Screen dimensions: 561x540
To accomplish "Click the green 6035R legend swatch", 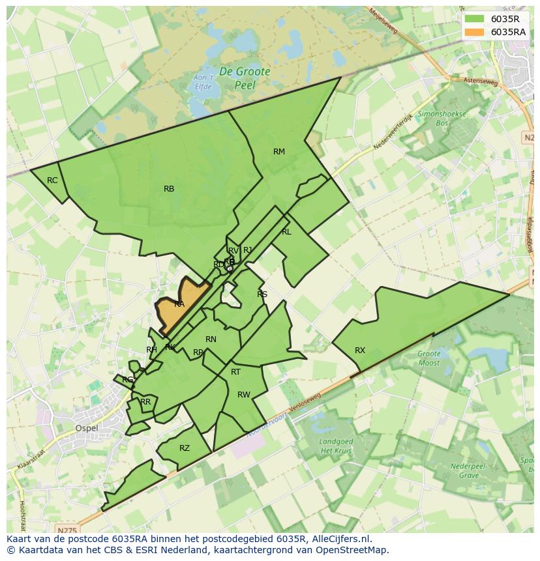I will (474, 19).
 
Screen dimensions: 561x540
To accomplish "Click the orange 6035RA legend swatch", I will (474, 32).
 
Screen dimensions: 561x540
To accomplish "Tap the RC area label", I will (52, 180).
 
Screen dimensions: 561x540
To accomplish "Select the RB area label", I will (169, 189).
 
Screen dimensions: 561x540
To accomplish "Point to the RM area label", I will (279, 152).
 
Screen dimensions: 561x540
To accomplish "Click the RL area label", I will (286, 232).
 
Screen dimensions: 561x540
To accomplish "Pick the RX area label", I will (360, 351).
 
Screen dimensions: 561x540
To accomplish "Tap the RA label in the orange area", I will (179, 304).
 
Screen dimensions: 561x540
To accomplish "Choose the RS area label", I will (262, 295).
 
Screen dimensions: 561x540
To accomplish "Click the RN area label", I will (211, 339).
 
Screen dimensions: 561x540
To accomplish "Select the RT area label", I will (235, 372).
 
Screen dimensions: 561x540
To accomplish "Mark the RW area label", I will (244, 395).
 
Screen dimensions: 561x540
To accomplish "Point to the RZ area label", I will (185, 448).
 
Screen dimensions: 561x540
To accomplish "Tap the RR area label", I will (145, 402).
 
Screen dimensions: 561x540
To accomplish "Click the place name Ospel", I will (86, 428).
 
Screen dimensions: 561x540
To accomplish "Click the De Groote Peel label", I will (245, 78).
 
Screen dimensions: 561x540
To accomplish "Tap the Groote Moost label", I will (429, 358).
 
